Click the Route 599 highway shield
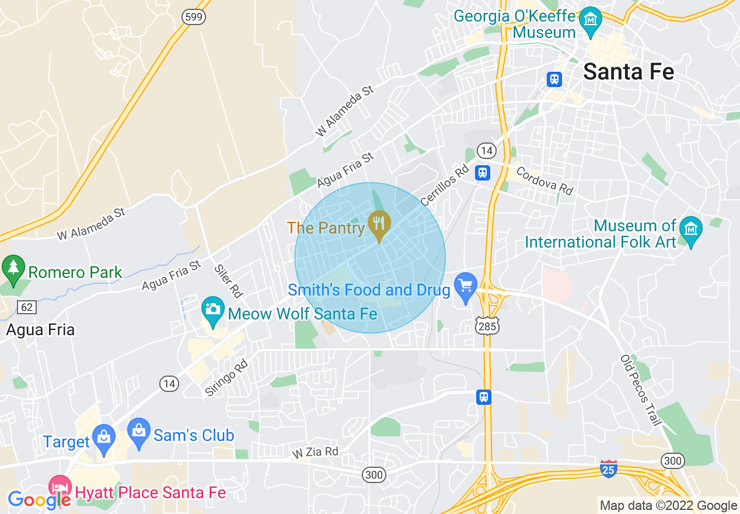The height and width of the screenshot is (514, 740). click(193, 17)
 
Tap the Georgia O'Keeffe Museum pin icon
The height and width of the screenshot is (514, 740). click(591, 18)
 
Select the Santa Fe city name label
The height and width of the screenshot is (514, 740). click(629, 72)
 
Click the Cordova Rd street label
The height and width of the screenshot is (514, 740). click(544, 181)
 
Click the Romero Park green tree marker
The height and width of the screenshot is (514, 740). click(12, 268)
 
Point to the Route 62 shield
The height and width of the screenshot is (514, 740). click(26, 307)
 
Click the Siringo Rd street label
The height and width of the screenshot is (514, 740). click(227, 378)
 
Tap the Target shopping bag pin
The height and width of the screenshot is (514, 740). click(104, 437)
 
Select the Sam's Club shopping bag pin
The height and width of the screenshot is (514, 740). click(139, 432)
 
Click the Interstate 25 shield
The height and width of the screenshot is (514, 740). click(608, 468)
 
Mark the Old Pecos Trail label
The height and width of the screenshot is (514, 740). click(640, 390)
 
